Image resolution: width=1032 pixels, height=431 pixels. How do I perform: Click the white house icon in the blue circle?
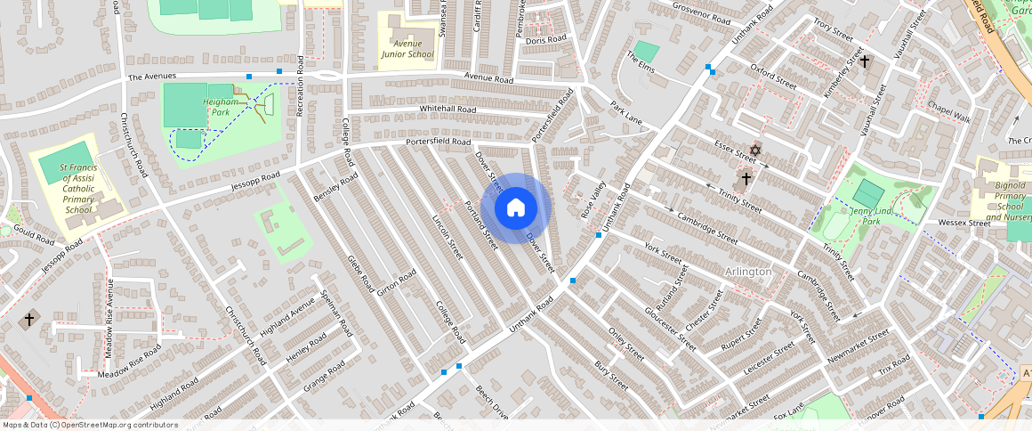[516, 208]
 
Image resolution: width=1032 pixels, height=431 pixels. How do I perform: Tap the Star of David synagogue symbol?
[756, 150]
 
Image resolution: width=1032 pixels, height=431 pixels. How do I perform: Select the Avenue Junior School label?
[407, 48]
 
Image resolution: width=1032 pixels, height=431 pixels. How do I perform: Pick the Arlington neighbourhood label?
[747, 271]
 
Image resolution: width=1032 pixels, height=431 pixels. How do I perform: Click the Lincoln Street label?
[447, 236]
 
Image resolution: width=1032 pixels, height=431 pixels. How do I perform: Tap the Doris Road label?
[545, 39]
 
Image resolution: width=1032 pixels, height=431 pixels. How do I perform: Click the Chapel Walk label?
[948, 113]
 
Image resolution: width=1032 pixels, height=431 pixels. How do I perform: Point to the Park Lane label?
[626, 112]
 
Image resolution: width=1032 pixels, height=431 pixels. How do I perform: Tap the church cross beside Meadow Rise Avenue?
[29, 318]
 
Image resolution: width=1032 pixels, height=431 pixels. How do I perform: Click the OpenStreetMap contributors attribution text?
[90, 425]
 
